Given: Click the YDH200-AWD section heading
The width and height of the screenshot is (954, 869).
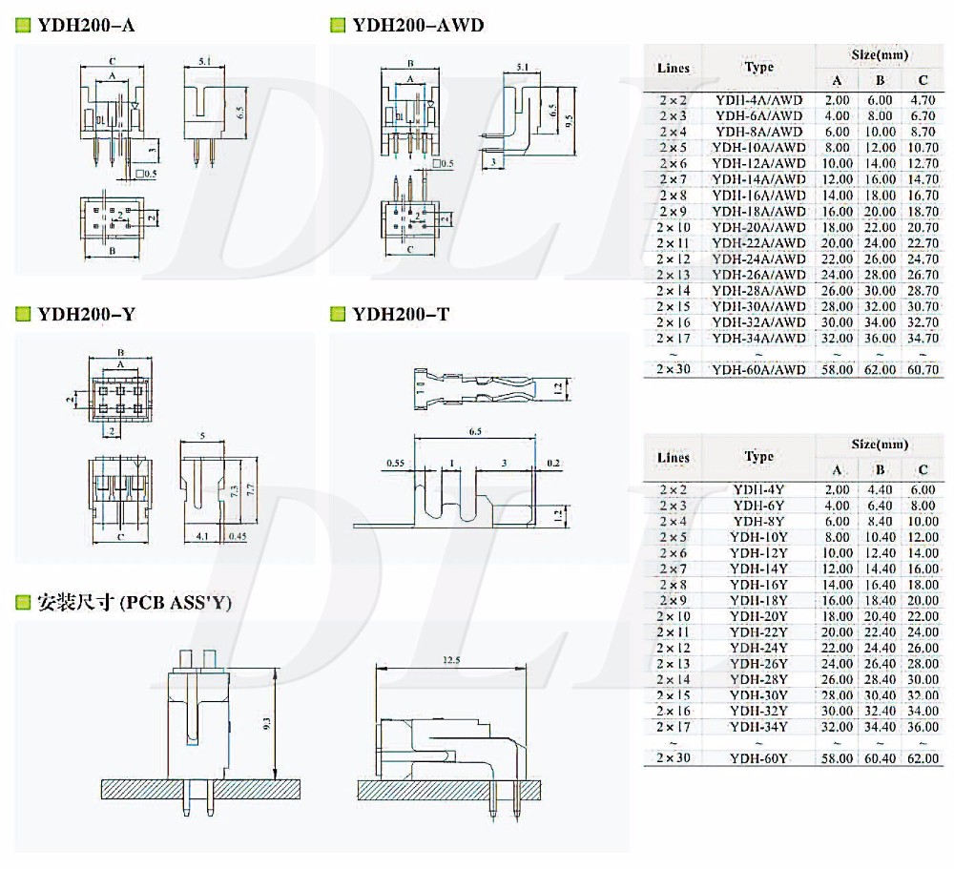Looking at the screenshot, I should click(418, 26).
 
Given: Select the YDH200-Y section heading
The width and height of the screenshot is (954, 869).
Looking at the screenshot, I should click(86, 314).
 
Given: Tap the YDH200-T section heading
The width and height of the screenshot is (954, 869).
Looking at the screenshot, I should click(401, 314).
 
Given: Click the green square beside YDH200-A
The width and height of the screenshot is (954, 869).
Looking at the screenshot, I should click(22, 26).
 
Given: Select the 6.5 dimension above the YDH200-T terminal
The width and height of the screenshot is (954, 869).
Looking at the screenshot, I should click(474, 431).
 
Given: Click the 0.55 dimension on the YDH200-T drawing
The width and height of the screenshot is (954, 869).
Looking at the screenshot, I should click(397, 464).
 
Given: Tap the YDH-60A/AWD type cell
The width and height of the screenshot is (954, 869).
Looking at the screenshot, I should click(758, 369).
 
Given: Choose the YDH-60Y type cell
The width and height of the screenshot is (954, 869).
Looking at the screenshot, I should click(758, 758).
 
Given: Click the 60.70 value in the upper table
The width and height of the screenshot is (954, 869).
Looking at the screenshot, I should click(923, 369).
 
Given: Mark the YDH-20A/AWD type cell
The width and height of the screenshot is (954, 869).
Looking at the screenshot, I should click(758, 227).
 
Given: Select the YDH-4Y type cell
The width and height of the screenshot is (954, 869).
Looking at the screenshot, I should click(758, 488).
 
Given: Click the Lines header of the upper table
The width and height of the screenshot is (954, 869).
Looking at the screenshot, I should click(674, 68).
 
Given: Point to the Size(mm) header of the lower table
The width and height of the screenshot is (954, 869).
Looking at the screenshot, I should click(880, 445).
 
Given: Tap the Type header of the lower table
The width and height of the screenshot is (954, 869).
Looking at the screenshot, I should click(758, 456).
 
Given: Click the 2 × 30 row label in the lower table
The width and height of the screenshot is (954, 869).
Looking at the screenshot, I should click(674, 758).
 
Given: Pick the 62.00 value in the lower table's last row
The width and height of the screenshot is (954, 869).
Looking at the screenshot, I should click(923, 758).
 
